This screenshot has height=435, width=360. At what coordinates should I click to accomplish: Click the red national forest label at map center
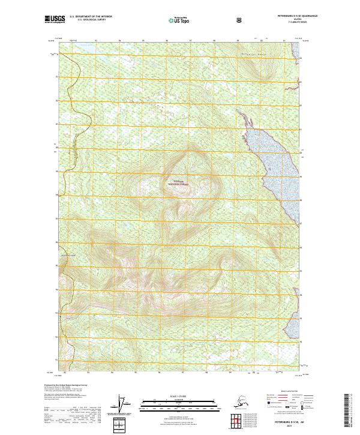[179, 182]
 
